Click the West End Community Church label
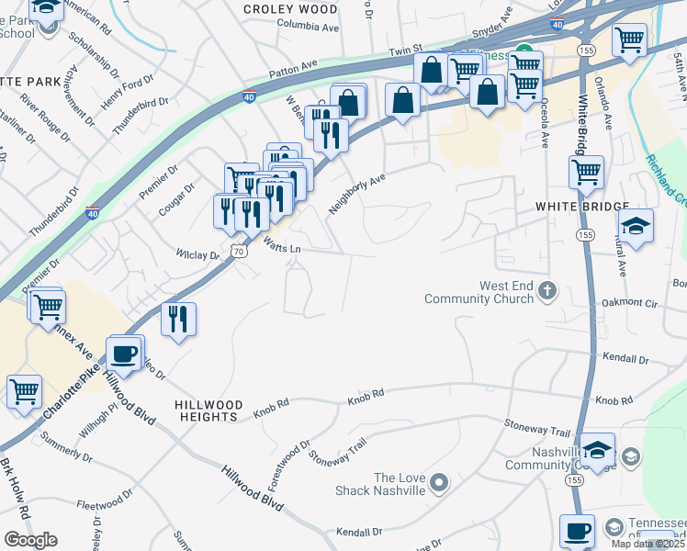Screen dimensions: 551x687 (x=479, y=292)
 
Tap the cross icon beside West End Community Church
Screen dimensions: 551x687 (x=547, y=292)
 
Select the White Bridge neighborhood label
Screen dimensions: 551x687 (x=582, y=208)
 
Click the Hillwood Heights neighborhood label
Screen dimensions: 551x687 (x=208, y=410)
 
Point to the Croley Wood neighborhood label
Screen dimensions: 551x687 (x=290, y=9)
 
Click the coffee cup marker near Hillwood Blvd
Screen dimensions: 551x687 (x=125, y=352)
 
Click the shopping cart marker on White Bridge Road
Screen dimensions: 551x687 (x=586, y=170)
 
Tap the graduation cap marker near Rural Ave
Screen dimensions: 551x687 (x=636, y=225)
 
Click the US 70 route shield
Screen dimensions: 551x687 (x=239, y=251)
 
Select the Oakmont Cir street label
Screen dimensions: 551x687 (x=630, y=302)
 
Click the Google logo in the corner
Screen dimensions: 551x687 (x=30, y=540)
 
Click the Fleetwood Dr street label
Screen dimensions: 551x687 (x=106, y=504)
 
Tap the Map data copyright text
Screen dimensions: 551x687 (x=648, y=544)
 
